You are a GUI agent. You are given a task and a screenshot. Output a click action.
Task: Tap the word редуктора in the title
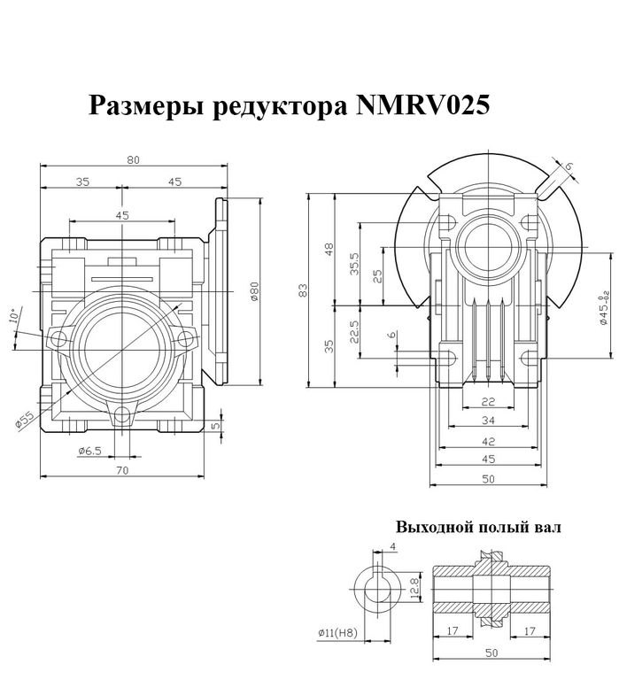(277, 108)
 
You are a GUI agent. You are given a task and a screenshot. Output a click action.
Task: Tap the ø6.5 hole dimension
(90, 450)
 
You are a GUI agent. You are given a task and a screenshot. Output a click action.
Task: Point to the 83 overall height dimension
(303, 289)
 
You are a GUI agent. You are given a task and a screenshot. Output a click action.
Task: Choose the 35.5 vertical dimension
(354, 263)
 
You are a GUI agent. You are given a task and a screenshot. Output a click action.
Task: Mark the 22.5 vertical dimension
(354, 332)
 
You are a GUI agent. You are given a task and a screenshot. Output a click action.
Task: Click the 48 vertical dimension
(329, 249)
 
